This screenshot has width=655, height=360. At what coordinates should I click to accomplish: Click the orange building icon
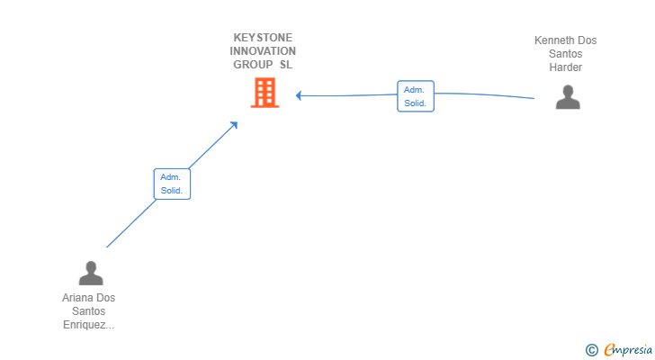pyautogui.click(x=265, y=93)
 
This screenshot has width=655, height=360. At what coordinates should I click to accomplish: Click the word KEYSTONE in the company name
pyautogui.click(x=263, y=38)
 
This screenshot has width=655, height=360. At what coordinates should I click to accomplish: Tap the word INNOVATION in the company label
pyautogui.click(x=263, y=51)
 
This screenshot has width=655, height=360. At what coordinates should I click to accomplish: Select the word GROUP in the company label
pyautogui.click(x=253, y=65)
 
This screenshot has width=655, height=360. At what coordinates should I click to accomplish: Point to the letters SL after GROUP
pyautogui.click(x=286, y=65)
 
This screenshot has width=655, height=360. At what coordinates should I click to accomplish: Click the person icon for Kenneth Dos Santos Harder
pyautogui.click(x=568, y=97)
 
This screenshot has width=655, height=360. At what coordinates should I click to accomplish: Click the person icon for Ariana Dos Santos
pyautogui.click(x=90, y=273)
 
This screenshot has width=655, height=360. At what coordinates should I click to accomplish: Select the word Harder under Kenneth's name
pyautogui.click(x=566, y=67)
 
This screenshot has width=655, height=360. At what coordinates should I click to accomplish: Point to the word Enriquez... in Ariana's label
pyautogui.click(x=88, y=325)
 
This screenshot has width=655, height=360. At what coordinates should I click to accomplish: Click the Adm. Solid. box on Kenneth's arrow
pyautogui.click(x=415, y=96)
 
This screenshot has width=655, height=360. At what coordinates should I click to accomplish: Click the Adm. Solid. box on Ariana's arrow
pyautogui.click(x=171, y=184)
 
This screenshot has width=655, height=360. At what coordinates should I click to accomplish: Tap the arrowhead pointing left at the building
pyautogui.click(x=299, y=95)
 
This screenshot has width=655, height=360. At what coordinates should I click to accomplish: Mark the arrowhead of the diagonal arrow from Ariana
pyautogui.click(x=234, y=124)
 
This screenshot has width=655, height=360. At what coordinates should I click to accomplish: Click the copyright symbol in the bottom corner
pyautogui.click(x=591, y=350)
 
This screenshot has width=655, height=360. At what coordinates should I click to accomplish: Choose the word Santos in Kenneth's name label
pyautogui.click(x=566, y=54)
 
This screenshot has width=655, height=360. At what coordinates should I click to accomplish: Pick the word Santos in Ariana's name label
pyautogui.click(x=88, y=311)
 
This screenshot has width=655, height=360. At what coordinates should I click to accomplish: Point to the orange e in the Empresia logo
pyautogui.click(x=609, y=349)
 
